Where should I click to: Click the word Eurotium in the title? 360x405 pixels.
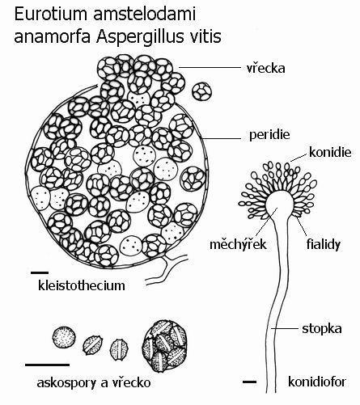pyautogui.click(x=51, y=14)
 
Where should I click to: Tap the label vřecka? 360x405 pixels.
pyautogui.click(x=266, y=68)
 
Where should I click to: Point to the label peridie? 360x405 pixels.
pyautogui.click(x=269, y=135)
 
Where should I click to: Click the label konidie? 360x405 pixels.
pyautogui.click(x=330, y=152)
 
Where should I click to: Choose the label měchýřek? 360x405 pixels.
pyautogui.click(x=238, y=244)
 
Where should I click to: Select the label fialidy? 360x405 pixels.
pyautogui.click(x=324, y=244)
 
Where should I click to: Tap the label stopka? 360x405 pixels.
pyautogui.click(x=322, y=329)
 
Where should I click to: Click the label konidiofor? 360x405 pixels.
pyautogui.click(x=317, y=382)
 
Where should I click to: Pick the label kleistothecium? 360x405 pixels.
pyautogui.click(x=82, y=285)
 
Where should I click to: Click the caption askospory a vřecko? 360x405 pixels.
pyautogui.click(x=94, y=382)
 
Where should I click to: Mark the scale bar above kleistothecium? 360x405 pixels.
pyautogui.click(x=40, y=272)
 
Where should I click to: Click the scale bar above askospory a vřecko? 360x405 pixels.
pyautogui.click(x=48, y=365)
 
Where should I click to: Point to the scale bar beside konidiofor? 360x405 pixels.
pyautogui.click(x=249, y=382)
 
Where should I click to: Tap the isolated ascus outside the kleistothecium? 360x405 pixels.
pyautogui.click(x=201, y=91)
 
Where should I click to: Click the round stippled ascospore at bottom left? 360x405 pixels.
pyautogui.click(x=64, y=338)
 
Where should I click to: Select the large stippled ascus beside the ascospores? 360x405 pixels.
pyautogui.click(x=165, y=346)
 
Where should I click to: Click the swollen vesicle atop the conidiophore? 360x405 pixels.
pyautogui.click(x=279, y=204)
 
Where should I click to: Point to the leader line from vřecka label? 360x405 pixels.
pyautogui.click(x=210, y=67)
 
